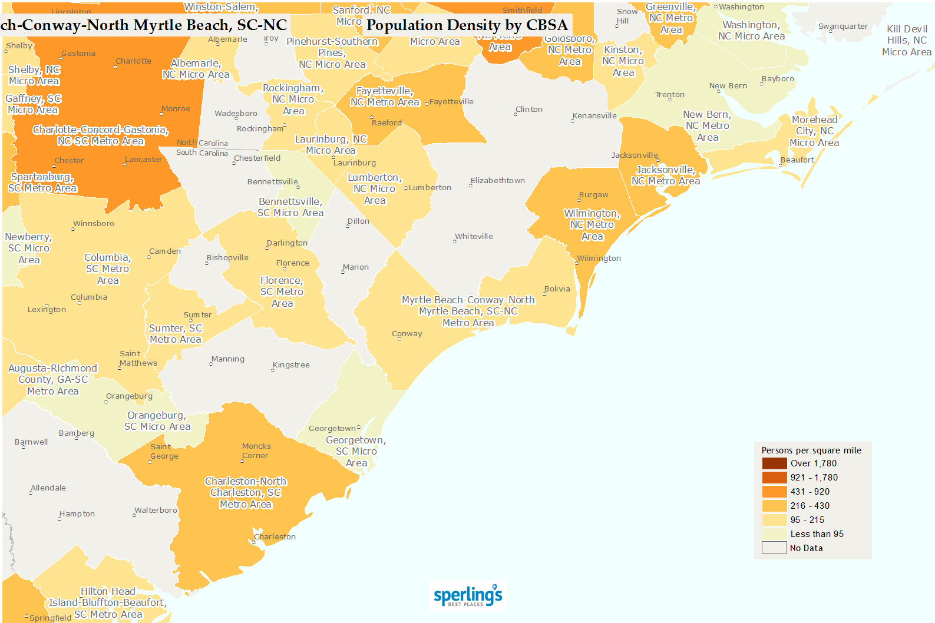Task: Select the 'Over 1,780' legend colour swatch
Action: click(774, 463)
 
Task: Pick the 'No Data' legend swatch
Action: click(774, 548)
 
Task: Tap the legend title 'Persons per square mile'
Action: click(811, 450)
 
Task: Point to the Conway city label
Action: click(407, 333)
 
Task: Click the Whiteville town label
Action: click(474, 236)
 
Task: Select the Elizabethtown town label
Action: click(497, 180)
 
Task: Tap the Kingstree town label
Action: click(291, 364)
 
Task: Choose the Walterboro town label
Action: click(156, 510)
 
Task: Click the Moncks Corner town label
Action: click(256, 450)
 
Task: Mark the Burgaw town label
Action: click(593, 194)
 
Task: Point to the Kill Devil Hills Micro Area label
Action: click(907, 40)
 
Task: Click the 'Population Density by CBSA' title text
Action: click(467, 25)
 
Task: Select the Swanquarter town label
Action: click(843, 26)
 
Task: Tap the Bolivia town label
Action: click(557, 289)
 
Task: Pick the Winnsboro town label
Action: click(94, 223)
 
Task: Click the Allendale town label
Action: click(48, 488)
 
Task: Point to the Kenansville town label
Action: click(594, 115)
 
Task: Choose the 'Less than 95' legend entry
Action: click(817, 534)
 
